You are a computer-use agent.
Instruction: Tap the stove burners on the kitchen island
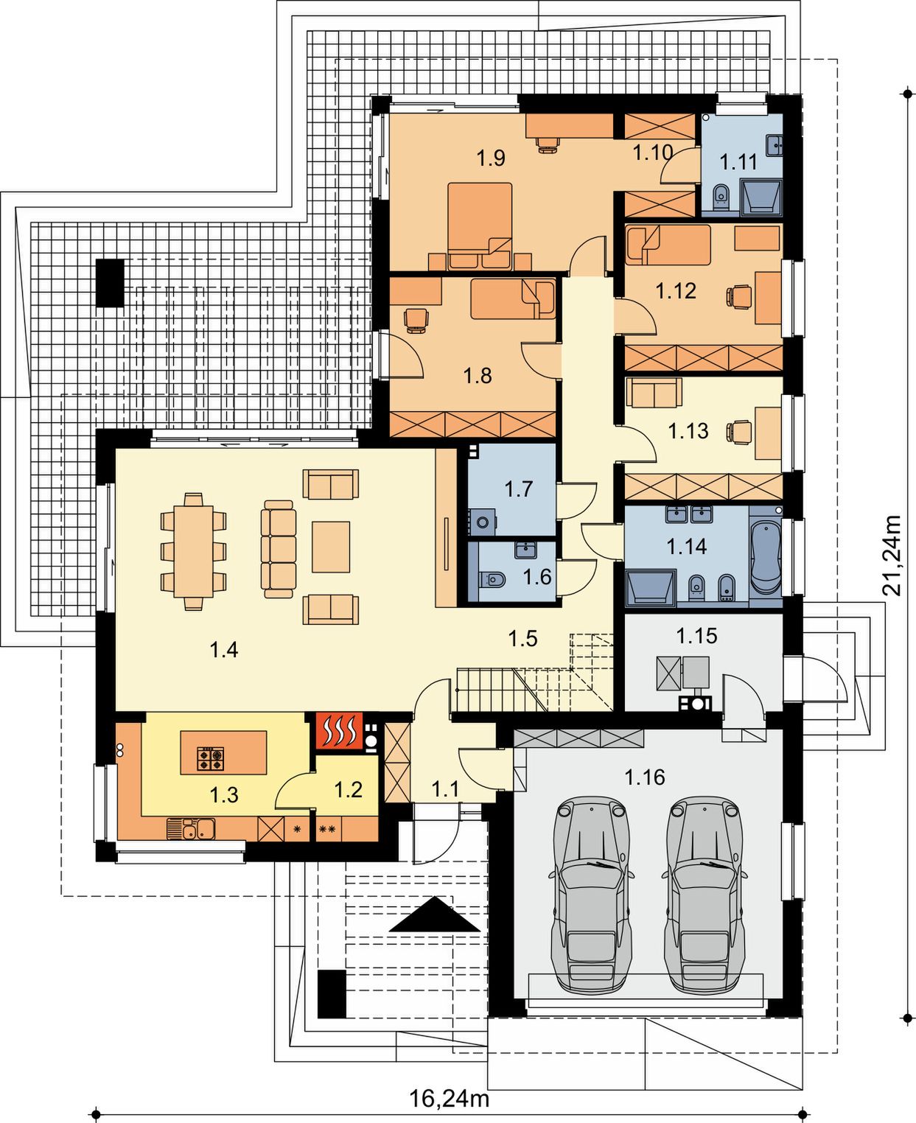coord(211,758)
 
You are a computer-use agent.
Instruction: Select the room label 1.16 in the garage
coord(645,777)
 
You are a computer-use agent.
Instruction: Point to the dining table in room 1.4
coord(193,551)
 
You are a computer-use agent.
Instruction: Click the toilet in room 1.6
coord(492,579)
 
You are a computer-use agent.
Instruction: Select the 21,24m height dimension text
coord(891,555)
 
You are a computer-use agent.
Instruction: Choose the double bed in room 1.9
coord(479,225)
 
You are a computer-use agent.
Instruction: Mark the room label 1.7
coord(519,489)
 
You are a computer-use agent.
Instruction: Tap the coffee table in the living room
coord(331,547)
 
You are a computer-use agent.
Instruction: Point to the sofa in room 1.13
coord(654,393)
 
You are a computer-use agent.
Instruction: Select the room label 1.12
coord(675,291)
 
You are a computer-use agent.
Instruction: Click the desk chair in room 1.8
coord(416,320)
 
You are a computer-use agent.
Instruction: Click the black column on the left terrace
coord(110,283)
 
